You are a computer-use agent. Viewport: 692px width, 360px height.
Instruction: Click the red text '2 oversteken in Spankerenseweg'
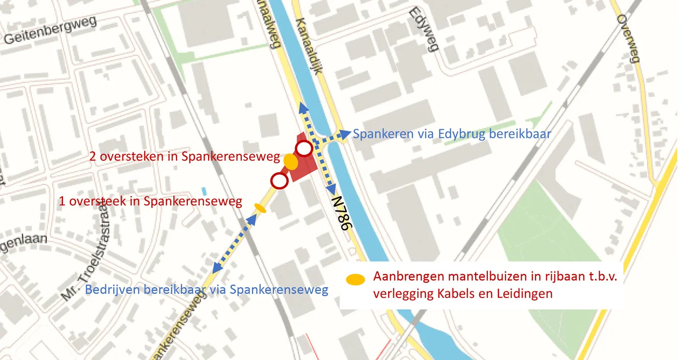(184, 156)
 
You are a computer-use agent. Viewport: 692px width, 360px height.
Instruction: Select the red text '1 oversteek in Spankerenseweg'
(150, 201)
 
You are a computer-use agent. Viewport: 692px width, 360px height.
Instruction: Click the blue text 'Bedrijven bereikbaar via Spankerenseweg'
(207, 290)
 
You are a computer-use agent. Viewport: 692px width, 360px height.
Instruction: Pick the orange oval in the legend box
(355, 279)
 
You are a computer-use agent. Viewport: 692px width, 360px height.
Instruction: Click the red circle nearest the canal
(304, 149)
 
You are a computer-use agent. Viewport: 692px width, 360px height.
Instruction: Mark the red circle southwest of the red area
(279, 181)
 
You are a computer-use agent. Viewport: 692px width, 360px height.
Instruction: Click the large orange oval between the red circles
(290, 162)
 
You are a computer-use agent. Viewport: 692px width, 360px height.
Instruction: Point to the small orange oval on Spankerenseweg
(260, 208)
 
